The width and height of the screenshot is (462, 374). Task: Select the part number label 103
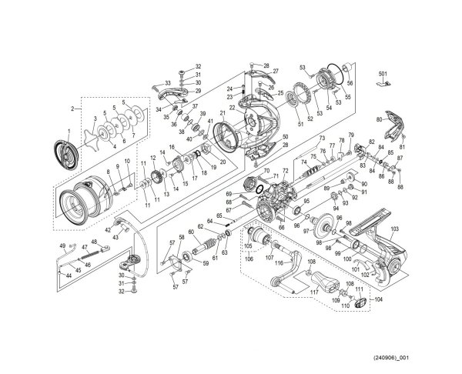(x=394, y=230)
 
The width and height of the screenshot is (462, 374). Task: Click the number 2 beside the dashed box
(x=71, y=109)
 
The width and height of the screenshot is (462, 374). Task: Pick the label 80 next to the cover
(x=378, y=119)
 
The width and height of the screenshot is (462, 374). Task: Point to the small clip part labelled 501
(x=383, y=84)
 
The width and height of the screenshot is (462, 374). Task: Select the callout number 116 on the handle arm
(x=280, y=263)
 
